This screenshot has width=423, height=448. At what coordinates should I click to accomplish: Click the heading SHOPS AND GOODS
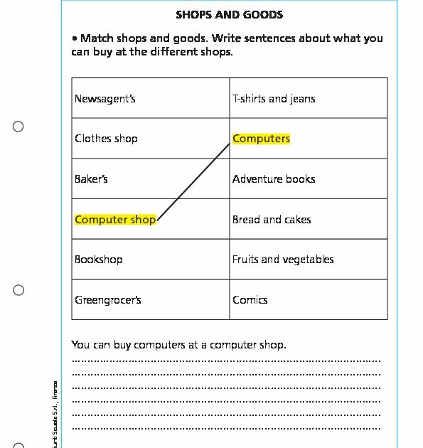(229, 14)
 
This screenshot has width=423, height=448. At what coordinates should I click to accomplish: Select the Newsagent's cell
(105, 98)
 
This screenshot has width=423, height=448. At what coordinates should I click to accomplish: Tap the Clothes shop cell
(106, 139)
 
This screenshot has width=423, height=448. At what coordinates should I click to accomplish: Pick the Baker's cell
(92, 179)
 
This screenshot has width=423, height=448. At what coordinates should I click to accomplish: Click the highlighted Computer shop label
(115, 220)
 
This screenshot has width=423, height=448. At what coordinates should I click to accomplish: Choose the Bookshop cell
(99, 260)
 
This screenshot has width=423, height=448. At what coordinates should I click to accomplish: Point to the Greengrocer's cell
(108, 300)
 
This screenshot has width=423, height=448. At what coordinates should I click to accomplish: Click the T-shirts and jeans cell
(274, 98)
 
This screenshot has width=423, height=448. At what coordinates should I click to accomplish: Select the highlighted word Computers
(261, 139)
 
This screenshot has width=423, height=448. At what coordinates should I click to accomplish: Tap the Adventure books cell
(274, 179)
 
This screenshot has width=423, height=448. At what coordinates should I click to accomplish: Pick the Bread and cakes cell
(272, 220)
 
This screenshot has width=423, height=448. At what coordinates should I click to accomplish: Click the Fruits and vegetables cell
(283, 260)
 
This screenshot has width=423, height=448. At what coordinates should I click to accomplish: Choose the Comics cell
(250, 300)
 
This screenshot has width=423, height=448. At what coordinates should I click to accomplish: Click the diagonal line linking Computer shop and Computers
(194, 180)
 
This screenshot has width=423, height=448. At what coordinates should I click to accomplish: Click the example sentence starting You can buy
(178, 345)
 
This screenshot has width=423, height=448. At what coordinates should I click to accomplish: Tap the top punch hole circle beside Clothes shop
(18, 127)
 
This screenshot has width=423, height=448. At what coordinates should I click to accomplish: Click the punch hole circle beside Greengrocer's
(18, 290)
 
